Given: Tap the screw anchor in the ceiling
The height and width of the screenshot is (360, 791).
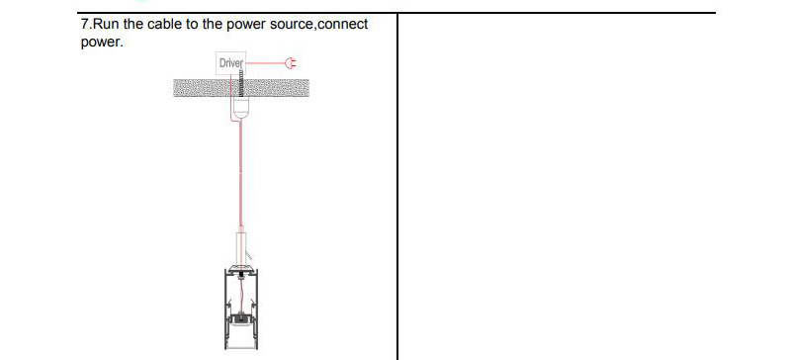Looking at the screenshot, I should coord(238,89).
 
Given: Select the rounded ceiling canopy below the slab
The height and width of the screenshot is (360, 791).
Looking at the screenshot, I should coord(238,111).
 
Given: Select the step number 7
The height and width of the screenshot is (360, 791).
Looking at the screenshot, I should coord(83,24).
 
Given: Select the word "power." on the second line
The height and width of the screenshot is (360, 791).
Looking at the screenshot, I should coord(102,43).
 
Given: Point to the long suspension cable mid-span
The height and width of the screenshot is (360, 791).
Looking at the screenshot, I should coord(238,178).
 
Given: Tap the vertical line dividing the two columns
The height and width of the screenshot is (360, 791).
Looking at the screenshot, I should coord(396,188).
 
